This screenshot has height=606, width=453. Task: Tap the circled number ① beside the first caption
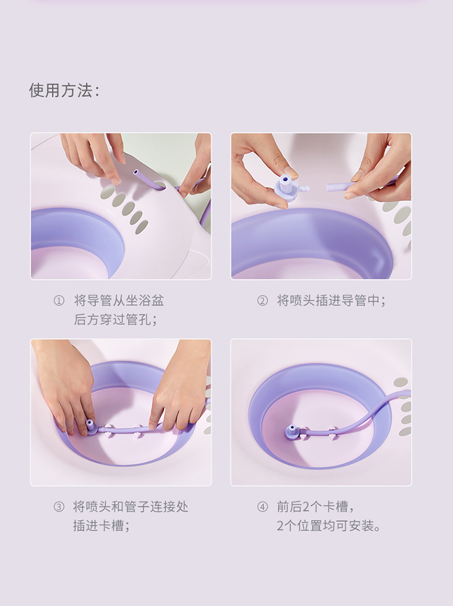59,301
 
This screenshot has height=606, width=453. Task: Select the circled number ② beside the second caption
262,301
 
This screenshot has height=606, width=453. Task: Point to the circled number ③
59,507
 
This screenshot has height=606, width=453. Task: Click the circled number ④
262,507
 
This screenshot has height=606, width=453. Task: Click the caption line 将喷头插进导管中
331,301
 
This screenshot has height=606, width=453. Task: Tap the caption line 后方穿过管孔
115,319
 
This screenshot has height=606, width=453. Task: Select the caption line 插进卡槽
101,526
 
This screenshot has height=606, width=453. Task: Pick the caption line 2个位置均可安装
329,526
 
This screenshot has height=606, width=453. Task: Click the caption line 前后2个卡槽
315,507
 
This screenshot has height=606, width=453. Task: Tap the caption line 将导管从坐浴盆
119,301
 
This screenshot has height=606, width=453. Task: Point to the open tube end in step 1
136,172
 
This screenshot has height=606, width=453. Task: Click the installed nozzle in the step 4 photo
292,430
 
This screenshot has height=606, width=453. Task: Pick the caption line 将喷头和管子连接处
130,507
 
